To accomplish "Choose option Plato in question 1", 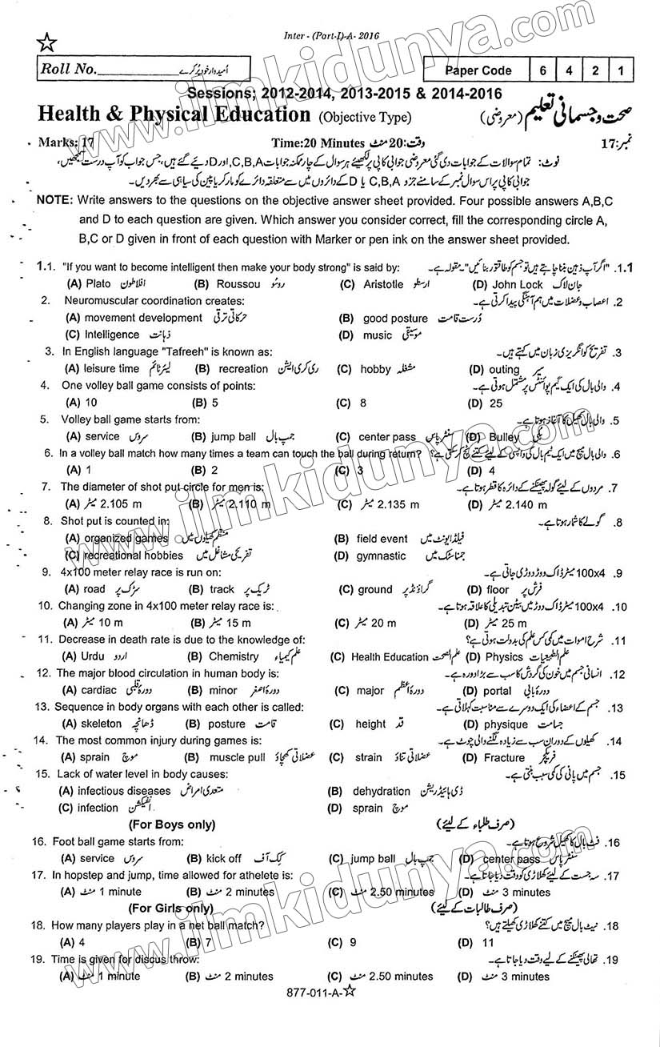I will tap(98, 284).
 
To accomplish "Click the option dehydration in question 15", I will tap(381, 792).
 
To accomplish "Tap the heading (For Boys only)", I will tap(171, 824).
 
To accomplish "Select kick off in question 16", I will tap(223, 858).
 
